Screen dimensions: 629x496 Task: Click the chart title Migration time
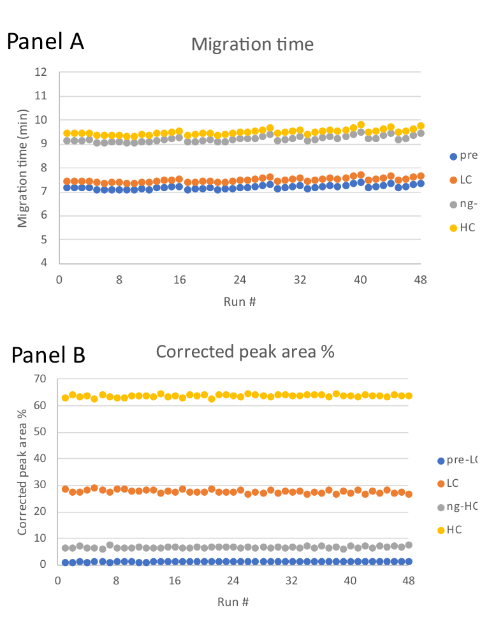point(252,45)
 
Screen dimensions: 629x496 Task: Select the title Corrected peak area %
point(245,351)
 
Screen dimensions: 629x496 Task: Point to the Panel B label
point(48,354)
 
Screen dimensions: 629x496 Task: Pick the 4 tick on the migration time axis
point(44,263)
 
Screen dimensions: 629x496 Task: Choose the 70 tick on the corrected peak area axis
point(40,379)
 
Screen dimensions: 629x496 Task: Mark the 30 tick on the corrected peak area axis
point(40,485)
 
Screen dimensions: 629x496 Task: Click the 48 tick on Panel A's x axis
point(421,278)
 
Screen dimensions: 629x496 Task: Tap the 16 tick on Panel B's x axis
point(175,580)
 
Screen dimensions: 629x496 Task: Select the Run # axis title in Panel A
point(240,301)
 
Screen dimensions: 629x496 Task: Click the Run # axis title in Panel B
point(233,602)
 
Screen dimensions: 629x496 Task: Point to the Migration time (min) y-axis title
point(23,167)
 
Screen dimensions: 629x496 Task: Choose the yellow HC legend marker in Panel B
point(440,530)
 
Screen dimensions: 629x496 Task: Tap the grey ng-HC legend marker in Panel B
point(440,507)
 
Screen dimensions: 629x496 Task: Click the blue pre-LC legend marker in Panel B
point(440,460)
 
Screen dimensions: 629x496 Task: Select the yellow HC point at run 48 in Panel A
point(421,126)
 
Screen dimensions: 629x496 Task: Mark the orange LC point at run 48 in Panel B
point(409,494)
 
